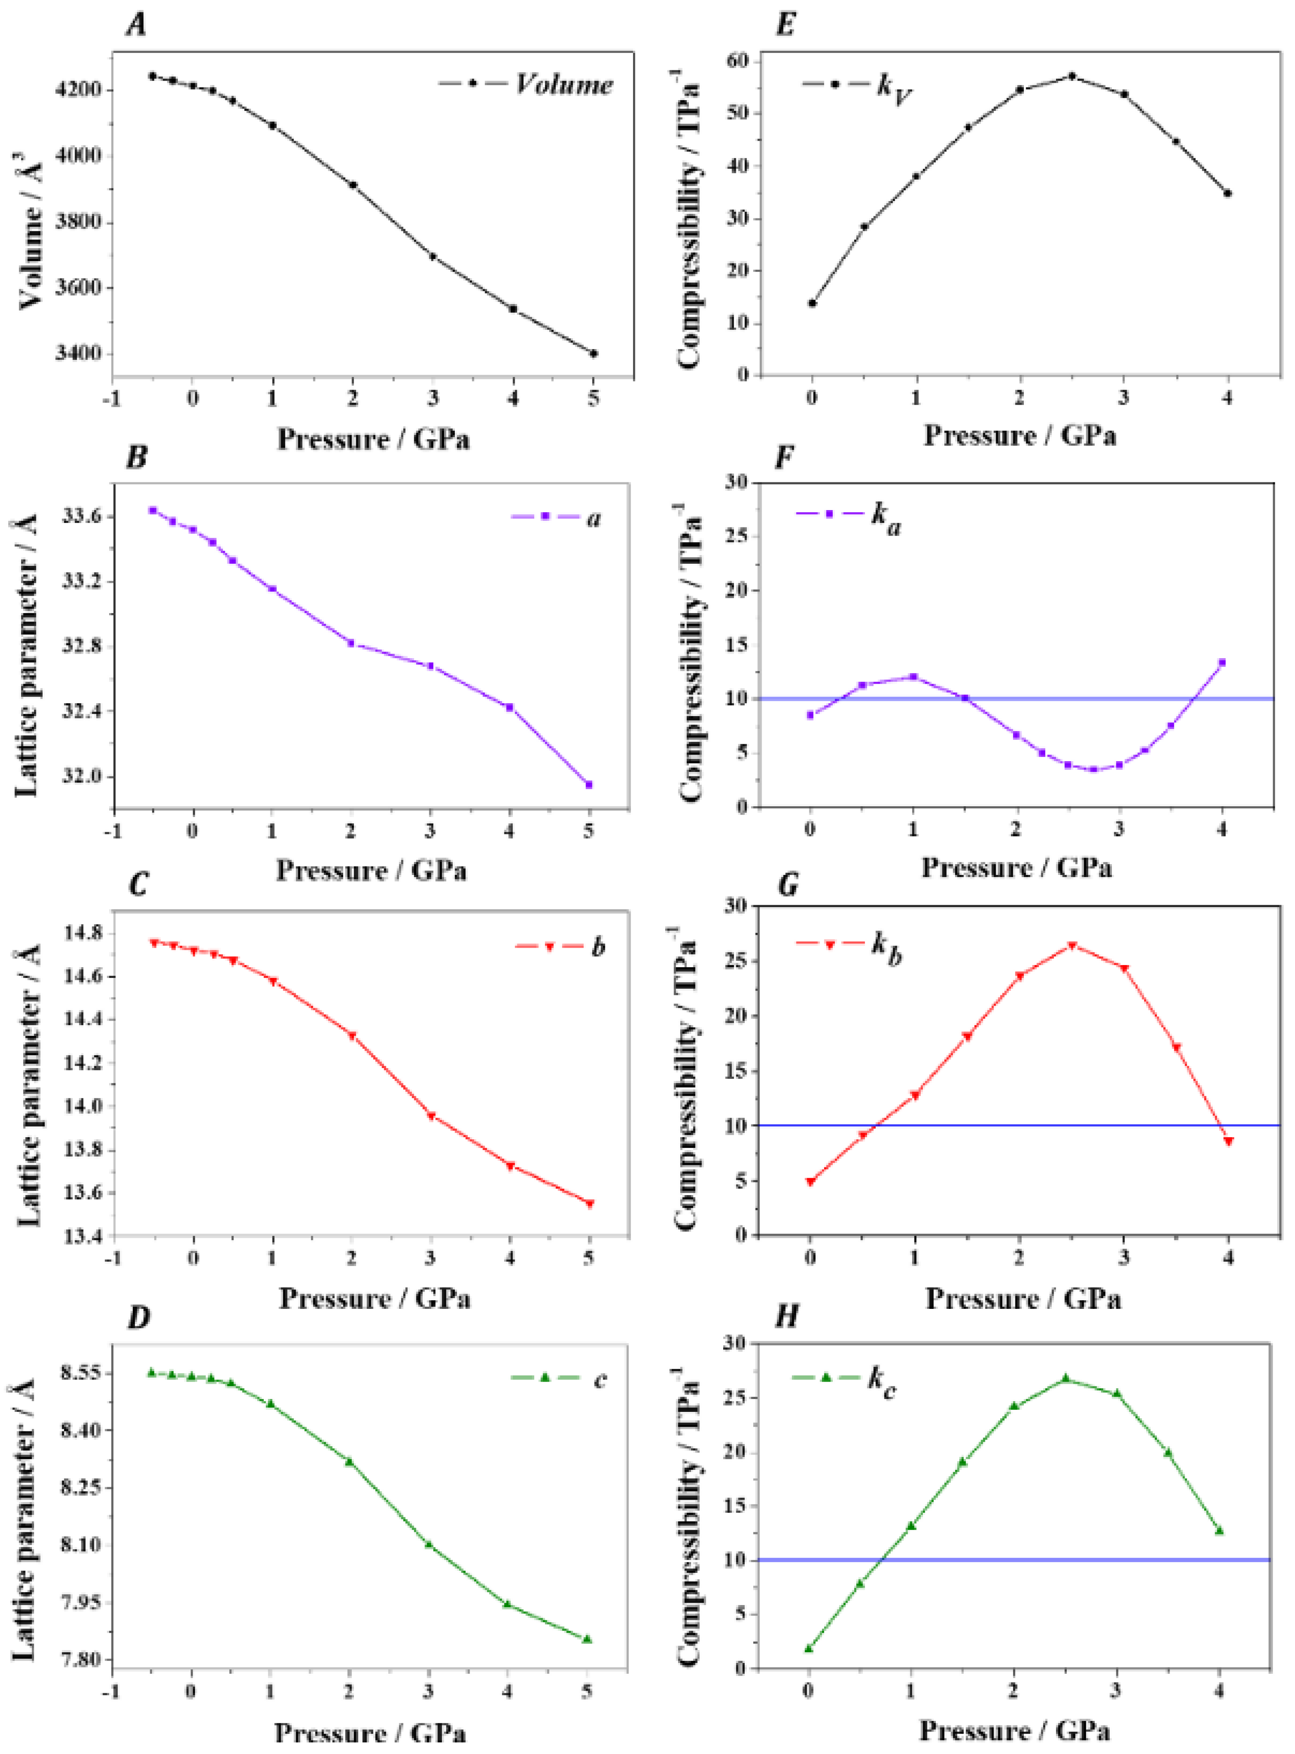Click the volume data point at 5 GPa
pos(593,354)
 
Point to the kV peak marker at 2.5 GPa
pos(1072,76)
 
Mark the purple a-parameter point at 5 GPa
pos(589,784)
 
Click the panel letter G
pos(786,884)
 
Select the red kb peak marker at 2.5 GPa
pos(1072,946)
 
